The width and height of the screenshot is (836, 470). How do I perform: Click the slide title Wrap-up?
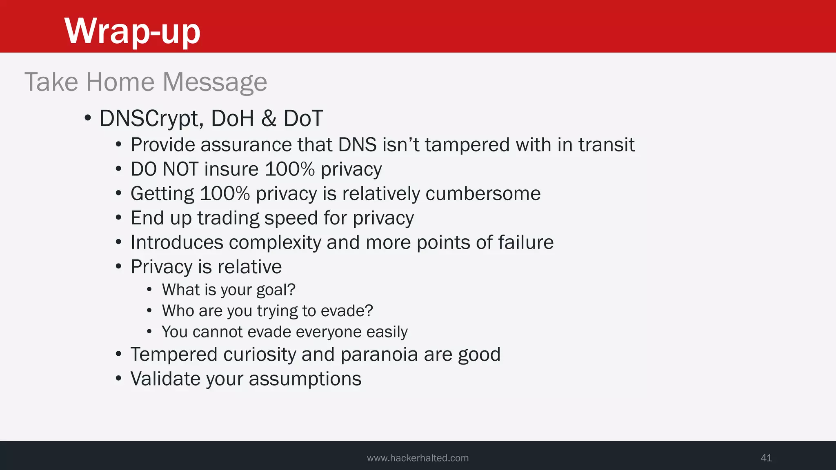[x=132, y=31]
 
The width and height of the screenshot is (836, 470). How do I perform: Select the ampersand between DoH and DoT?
[x=269, y=119]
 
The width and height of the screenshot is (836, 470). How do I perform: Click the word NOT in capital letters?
[x=180, y=169]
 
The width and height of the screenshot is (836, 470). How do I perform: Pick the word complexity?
[x=275, y=243]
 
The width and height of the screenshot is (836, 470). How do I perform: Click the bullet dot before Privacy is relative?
[x=118, y=267]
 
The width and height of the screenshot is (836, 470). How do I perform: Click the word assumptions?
[x=305, y=379]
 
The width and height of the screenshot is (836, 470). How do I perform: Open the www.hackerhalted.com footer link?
[x=418, y=458]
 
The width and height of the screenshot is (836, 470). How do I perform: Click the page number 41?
[x=766, y=458]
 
